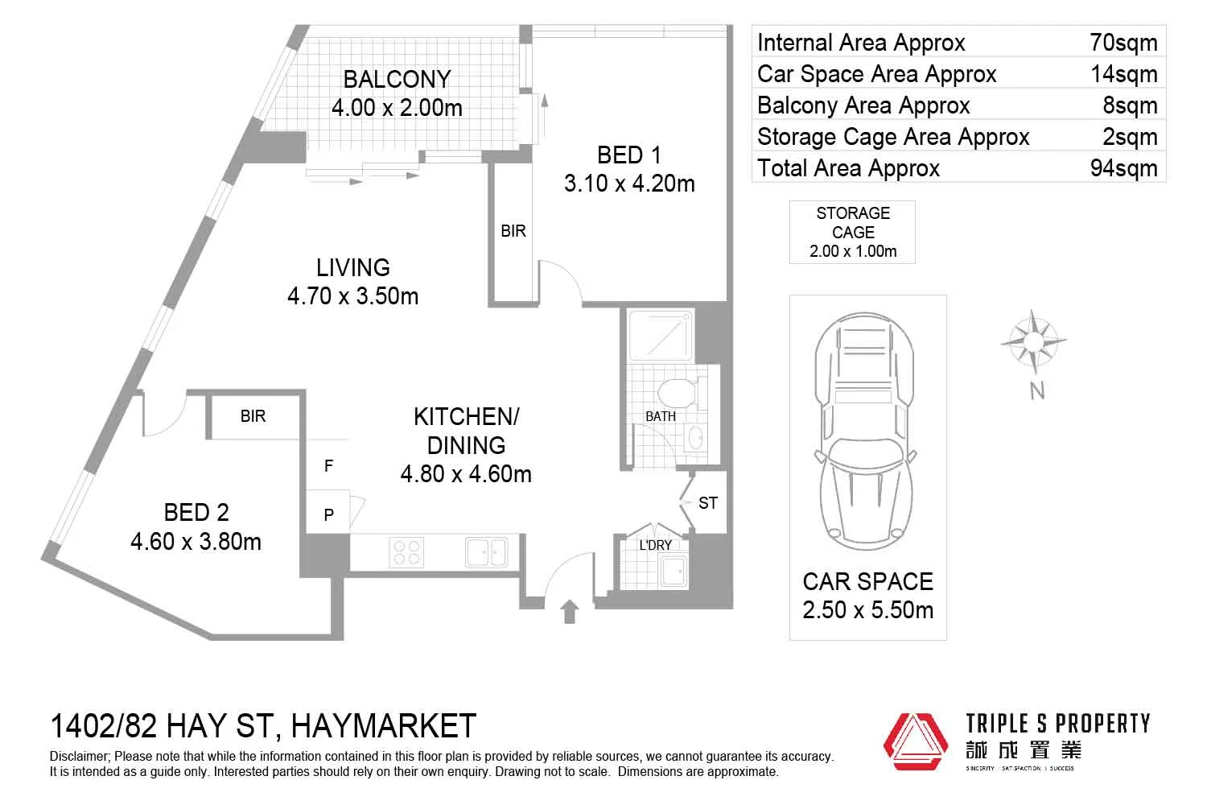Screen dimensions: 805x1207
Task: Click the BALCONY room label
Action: point(397,79)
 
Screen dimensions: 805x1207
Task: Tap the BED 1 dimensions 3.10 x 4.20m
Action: point(629,184)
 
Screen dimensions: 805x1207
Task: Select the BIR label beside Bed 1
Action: point(513,231)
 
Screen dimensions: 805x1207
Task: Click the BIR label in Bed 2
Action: point(253,416)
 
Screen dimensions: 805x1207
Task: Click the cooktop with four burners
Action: point(406,552)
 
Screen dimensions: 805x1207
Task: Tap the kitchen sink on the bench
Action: point(486,552)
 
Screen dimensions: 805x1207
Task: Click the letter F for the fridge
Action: point(328,466)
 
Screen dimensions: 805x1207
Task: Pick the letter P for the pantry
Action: point(328,514)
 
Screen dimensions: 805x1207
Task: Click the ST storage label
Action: point(707,503)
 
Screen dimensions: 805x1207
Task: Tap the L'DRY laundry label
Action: point(655,545)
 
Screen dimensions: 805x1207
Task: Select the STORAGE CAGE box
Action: point(852,232)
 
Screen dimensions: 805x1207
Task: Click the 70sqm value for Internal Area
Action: point(1123,43)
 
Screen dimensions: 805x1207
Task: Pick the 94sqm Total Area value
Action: point(1123,168)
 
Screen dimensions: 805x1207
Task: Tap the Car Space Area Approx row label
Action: point(876,74)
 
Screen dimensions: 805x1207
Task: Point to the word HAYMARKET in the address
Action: point(383,726)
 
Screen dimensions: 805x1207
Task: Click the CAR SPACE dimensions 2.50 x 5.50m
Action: point(867,610)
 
